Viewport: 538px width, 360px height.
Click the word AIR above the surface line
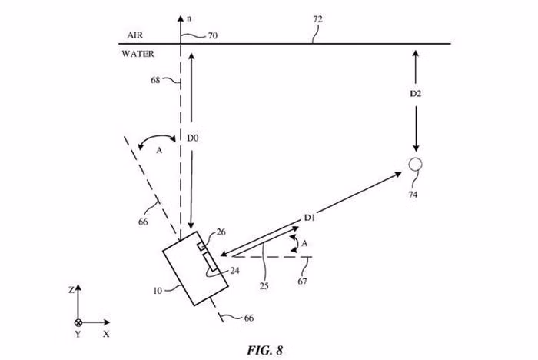click(x=134, y=35)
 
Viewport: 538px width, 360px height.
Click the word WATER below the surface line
click(x=138, y=54)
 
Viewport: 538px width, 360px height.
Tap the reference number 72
click(x=317, y=19)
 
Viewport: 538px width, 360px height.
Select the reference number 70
click(x=213, y=35)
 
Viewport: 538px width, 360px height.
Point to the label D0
click(x=193, y=138)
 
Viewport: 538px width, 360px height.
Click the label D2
click(x=416, y=93)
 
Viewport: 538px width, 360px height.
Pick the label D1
click(x=310, y=218)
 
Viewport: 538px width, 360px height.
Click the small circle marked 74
click(x=415, y=164)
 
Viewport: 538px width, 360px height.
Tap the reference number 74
click(x=413, y=195)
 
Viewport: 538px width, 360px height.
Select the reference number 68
click(x=155, y=80)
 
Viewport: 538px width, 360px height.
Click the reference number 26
click(x=221, y=232)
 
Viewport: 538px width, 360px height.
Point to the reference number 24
click(x=234, y=271)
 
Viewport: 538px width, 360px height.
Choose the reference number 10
click(x=158, y=291)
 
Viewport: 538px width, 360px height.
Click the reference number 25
click(x=264, y=286)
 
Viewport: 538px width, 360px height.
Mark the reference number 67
click(x=302, y=281)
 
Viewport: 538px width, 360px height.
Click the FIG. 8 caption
click(x=265, y=350)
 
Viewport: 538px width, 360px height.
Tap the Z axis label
click(x=71, y=290)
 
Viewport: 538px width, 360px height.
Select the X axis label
click(x=106, y=334)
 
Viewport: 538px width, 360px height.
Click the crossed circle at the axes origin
click(x=78, y=322)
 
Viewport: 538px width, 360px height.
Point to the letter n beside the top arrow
click(x=189, y=19)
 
